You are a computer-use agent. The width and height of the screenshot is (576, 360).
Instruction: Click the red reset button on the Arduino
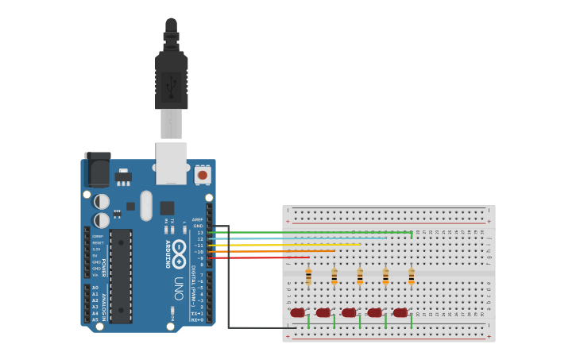tap(203, 174)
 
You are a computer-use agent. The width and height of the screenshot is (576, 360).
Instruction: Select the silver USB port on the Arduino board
tap(171, 162)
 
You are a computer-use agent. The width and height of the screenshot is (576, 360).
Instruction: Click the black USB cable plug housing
tap(171, 79)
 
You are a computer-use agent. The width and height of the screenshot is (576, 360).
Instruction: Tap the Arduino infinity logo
tap(180, 248)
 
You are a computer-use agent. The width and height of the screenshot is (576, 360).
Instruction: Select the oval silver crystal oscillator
tap(145, 206)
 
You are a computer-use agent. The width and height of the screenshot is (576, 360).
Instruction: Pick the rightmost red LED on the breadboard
tap(400, 313)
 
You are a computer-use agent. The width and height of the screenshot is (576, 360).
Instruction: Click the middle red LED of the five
tap(349, 313)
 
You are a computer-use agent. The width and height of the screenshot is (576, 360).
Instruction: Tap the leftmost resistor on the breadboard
tap(308, 277)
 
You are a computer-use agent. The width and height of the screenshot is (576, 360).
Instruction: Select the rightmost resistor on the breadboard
tap(411, 277)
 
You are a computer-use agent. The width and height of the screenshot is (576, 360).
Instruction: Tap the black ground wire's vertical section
tap(229, 278)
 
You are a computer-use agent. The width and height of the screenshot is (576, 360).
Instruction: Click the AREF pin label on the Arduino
tap(197, 219)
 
